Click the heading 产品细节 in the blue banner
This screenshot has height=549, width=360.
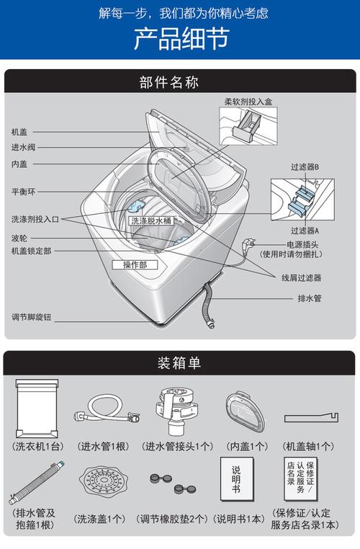pyautogui.click(x=181, y=38)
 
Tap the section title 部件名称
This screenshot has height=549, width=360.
pyautogui.click(x=168, y=82)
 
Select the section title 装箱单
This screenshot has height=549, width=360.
pyautogui.click(x=179, y=362)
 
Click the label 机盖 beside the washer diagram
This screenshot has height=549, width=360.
pyautogui.click(x=19, y=132)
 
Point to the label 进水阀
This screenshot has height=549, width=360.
pyautogui.click(x=23, y=148)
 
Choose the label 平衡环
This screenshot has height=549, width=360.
pyautogui.click(x=23, y=192)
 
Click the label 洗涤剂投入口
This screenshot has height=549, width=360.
pyautogui.click(x=35, y=219)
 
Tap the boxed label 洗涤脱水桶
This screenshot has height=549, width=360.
pyautogui.click(x=151, y=220)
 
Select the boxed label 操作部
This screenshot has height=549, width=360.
pyautogui.click(x=135, y=264)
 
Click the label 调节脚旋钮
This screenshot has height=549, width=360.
pyautogui.click(x=31, y=317)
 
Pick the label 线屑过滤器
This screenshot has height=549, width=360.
pyautogui.click(x=302, y=278)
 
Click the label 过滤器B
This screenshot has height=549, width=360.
pyautogui.click(x=305, y=167)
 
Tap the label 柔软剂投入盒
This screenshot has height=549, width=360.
pyautogui.click(x=248, y=102)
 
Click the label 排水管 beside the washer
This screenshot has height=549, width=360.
pyautogui.click(x=310, y=298)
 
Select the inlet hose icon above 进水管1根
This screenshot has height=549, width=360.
pyautogui.click(x=107, y=409)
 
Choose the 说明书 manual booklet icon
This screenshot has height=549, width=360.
pyautogui.click(x=237, y=478)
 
